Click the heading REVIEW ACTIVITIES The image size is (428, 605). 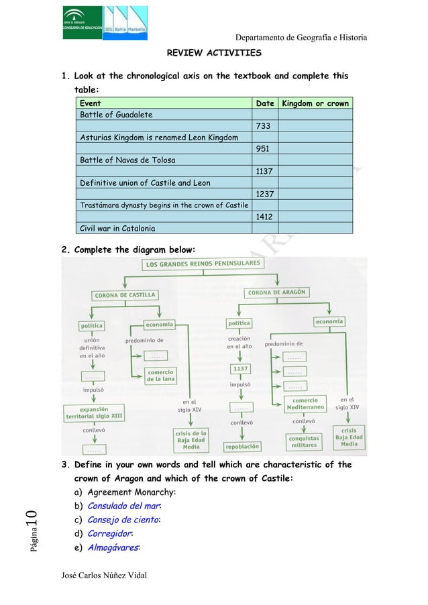pyautogui.click(x=214, y=52)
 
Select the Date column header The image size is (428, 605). pyautogui.click(x=265, y=103)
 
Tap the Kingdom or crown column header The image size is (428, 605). pyautogui.click(x=315, y=103)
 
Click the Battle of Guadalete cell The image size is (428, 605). pyautogui.click(x=116, y=115)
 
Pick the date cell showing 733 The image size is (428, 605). pyautogui.click(x=263, y=126)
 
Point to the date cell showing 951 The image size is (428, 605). pyautogui.click(x=263, y=149)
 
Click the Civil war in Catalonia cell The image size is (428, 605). pyautogui.click(x=118, y=229)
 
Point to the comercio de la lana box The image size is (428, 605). pyautogui.click(x=160, y=376)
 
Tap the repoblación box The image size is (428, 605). pyautogui.click(x=242, y=445)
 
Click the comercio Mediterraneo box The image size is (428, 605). pyautogui.click(x=305, y=404)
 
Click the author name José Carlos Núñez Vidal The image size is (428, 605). pyautogui.click(x=105, y=575)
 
